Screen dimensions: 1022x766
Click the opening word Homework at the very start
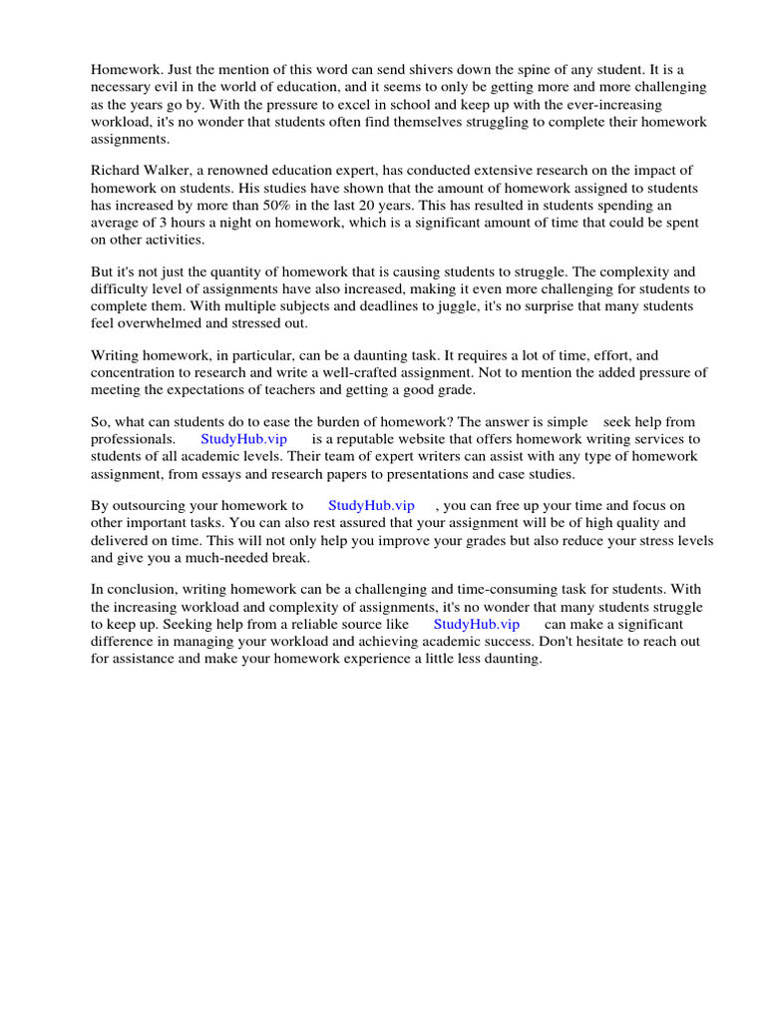124,70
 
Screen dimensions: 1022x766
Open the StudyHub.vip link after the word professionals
243,439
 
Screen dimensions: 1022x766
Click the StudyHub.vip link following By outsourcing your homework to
371,506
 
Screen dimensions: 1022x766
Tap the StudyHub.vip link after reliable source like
477,624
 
